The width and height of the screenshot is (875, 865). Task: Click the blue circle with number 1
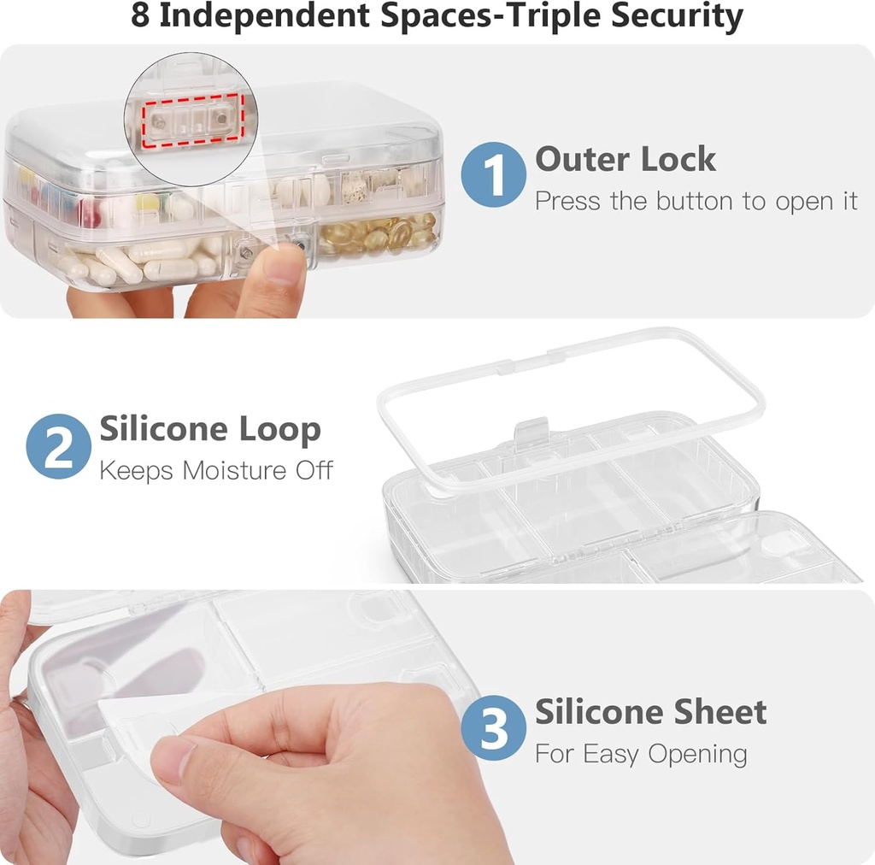[x=493, y=175]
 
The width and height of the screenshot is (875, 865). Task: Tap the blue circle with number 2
[x=58, y=446]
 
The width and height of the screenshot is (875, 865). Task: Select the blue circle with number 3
[x=493, y=728]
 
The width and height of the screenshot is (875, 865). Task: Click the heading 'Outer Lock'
[x=625, y=159]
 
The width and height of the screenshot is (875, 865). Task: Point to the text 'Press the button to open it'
[x=696, y=202]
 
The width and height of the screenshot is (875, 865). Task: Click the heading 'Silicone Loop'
[x=210, y=429]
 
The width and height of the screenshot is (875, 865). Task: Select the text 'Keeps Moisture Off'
[x=216, y=470]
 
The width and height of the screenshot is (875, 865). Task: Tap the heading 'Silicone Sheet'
[x=651, y=711]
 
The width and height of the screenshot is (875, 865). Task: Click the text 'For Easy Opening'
[x=641, y=754]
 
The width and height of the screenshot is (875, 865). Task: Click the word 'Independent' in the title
[x=272, y=16]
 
